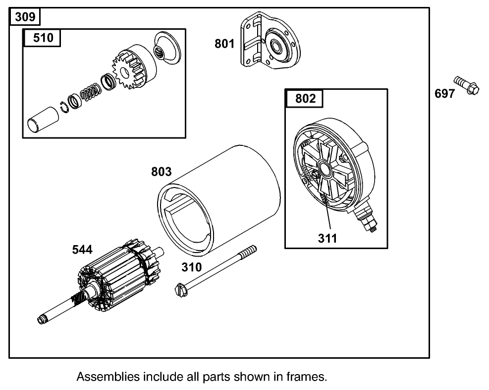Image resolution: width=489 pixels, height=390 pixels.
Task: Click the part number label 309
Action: pos(25,17)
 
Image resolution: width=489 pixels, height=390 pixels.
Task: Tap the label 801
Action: pos(224,44)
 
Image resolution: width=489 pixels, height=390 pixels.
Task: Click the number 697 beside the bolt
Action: pos(444,93)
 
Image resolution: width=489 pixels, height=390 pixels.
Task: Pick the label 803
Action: pos(161,172)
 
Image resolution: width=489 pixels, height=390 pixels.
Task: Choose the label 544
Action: pos(82,251)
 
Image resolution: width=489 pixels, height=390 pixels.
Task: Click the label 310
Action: pos(191,267)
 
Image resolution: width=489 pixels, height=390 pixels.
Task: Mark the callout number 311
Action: pos(327,238)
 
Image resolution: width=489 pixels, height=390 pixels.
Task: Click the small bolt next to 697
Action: pos(466,86)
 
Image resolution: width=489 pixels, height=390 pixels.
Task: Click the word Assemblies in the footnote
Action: pos(108,376)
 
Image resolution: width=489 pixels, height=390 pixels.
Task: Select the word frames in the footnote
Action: pos(310,376)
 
